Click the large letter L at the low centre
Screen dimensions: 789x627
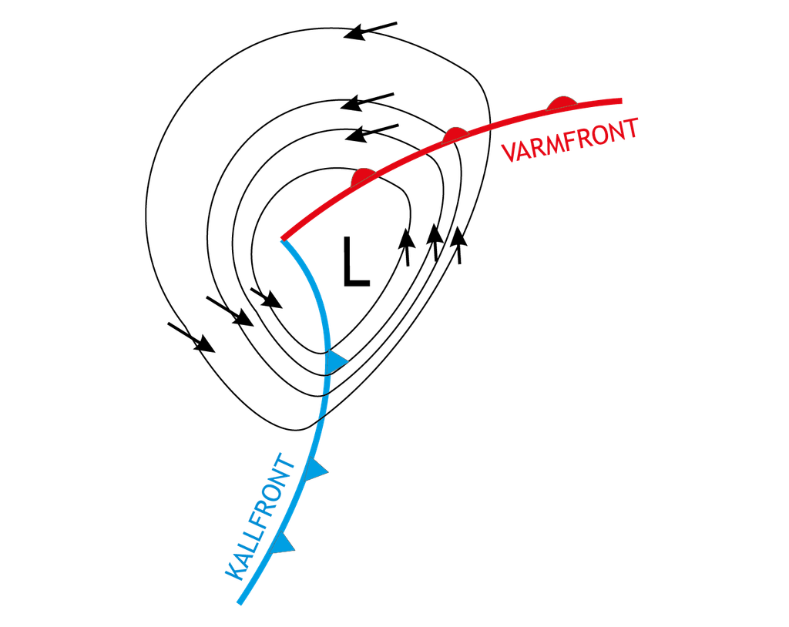(356, 261)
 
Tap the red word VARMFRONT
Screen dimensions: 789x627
(570, 140)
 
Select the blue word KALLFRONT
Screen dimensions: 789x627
(259, 518)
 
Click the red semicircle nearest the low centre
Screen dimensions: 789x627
(364, 177)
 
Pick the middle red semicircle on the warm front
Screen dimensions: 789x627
(455, 136)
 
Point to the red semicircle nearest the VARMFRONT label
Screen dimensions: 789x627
(562, 102)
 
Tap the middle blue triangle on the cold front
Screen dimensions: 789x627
(317, 469)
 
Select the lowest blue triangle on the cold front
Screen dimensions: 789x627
(284, 543)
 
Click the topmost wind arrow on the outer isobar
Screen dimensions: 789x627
(371, 31)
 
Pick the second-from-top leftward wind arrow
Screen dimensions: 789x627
(368, 102)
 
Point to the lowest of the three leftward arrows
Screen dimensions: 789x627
(372, 132)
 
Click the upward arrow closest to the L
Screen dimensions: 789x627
(407, 247)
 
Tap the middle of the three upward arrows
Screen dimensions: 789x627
(435, 243)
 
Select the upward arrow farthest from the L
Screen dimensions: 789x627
(458, 245)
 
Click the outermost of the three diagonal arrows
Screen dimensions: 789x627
(191, 337)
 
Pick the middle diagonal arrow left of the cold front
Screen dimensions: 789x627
(230, 311)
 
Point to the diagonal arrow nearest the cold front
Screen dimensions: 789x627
(266, 298)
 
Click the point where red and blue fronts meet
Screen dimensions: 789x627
(283, 240)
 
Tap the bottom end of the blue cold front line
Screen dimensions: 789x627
(240, 602)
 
